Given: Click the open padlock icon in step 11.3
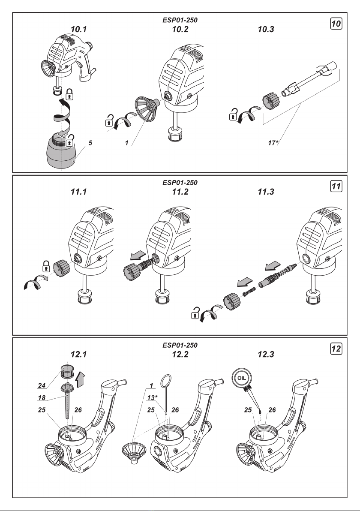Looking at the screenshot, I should pos(196,316).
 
